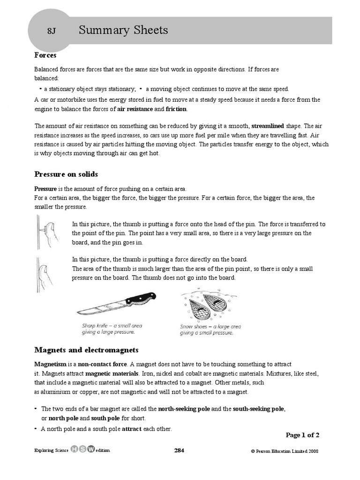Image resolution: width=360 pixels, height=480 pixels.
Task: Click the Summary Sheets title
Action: click(x=123, y=30)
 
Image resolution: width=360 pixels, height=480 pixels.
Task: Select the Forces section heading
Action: click(x=45, y=55)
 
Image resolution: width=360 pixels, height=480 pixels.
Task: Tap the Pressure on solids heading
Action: click(x=66, y=174)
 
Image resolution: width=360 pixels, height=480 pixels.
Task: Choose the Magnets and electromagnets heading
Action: click(x=86, y=350)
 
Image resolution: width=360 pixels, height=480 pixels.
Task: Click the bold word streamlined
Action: click(x=268, y=126)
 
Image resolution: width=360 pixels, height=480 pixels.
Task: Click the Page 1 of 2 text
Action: click(x=302, y=435)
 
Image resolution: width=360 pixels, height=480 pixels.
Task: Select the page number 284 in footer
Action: click(x=179, y=450)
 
